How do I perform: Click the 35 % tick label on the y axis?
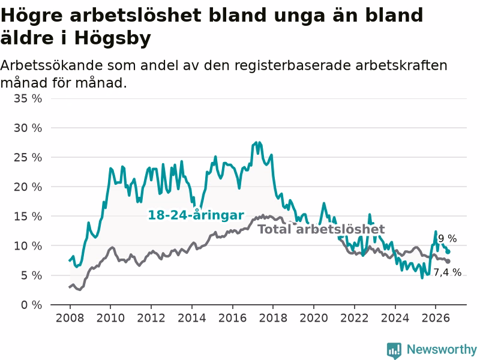[x=28, y=98]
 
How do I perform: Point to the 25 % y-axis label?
[x=28, y=157]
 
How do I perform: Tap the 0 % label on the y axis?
[x=32, y=305]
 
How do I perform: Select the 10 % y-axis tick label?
[x=28, y=246]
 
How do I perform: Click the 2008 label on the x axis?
[x=70, y=318]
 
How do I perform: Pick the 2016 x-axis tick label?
[x=232, y=318]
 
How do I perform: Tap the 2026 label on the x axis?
[x=436, y=318]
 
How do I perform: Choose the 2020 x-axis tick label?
[x=314, y=318]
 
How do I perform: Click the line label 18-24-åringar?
[x=196, y=215]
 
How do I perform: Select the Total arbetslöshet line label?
[x=321, y=229]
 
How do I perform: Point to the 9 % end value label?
[x=447, y=238]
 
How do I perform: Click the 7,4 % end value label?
[x=448, y=272]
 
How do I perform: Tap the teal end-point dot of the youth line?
[x=448, y=251]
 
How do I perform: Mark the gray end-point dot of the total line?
[x=448, y=262]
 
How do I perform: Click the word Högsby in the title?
[x=113, y=38]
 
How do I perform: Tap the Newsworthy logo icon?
[x=394, y=350]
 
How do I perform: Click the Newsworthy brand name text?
[x=442, y=349]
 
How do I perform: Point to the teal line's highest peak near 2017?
[x=256, y=143]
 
